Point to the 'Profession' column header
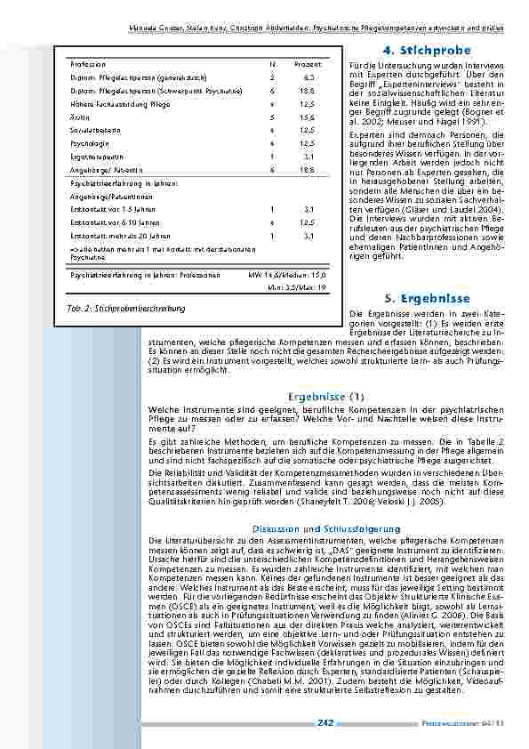pyautogui.click(x=87, y=65)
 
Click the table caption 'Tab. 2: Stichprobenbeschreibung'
pyautogui.click(x=125, y=309)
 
